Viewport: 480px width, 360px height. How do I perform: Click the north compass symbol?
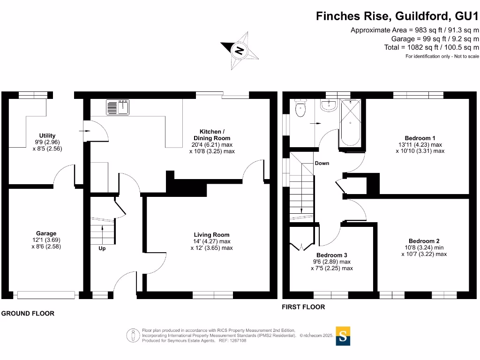[x=240, y=50]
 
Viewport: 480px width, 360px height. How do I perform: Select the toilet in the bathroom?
[x=300, y=108]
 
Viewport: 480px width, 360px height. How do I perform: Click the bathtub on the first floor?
[x=351, y=123]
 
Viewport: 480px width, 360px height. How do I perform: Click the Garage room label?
[x=46, y=233]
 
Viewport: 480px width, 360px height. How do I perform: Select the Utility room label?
[x=47, y=136]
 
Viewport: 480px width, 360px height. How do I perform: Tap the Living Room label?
[x=212, y=235]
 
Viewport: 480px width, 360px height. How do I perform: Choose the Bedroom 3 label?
[x=331, y=255]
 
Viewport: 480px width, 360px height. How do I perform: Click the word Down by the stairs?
[x=322, y=163]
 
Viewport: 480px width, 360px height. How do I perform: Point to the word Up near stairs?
[x=102, y=248]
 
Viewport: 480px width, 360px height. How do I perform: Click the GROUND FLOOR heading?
[x=28, y=314]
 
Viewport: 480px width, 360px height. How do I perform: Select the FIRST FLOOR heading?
[x=303, y=307]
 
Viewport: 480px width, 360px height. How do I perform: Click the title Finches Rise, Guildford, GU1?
[x=397, y=16]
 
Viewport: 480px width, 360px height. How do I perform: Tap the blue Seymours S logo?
[x=344, y=336]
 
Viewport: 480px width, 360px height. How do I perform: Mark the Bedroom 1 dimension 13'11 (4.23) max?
[x=420, y=145]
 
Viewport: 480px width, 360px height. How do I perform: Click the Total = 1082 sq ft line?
[x=431, y=47]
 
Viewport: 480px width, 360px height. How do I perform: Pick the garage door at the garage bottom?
[x=45, y=295]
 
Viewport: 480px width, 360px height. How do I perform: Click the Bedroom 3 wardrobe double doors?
[x=299, y=247]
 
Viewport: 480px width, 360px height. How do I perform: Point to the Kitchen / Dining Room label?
[x=215, y=135]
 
